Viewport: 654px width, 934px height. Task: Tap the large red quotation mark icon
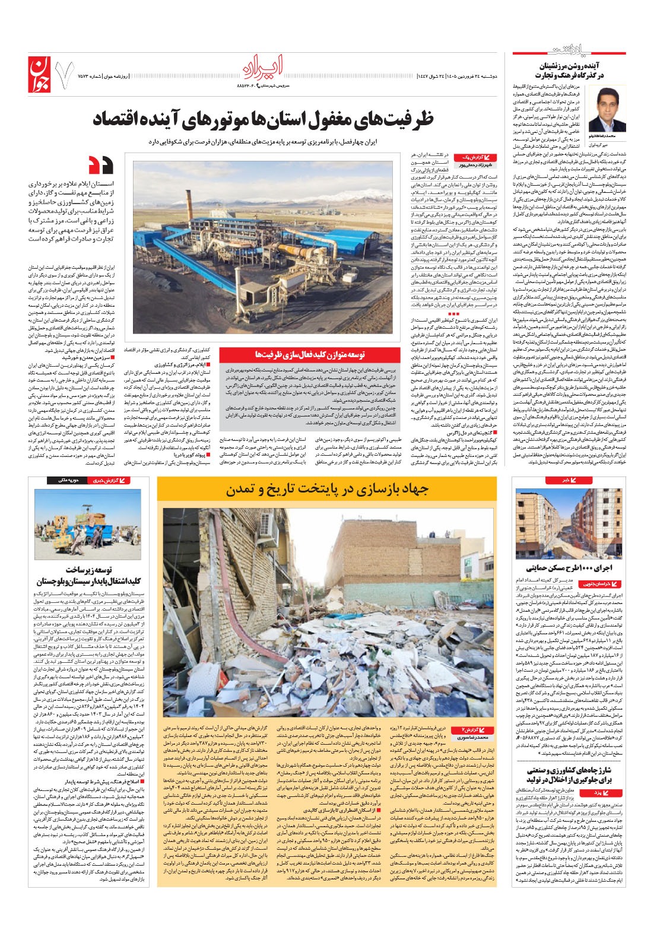click(x=100, y=163)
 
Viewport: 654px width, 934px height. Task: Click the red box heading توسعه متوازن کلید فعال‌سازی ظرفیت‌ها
click(x=318, y=354)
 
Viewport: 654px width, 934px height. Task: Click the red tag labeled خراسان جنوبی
click(x=604, y=584)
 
